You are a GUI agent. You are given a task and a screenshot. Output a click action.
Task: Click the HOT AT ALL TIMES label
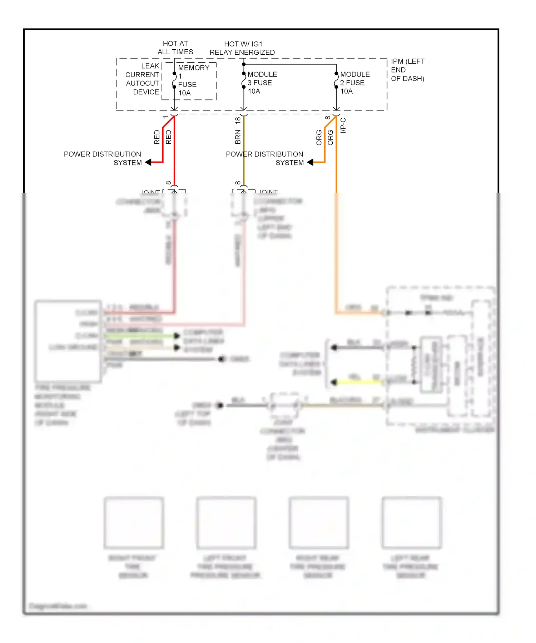click(175, 48)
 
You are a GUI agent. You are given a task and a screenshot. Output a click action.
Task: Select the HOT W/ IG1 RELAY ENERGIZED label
click(242, 48)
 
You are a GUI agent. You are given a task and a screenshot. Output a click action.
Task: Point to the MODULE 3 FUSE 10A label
click(262, 83)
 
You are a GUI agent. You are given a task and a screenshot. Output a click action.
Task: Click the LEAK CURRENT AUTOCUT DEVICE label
click(143, 79)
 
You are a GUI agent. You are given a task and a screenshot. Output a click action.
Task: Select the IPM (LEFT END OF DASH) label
click(407, 70)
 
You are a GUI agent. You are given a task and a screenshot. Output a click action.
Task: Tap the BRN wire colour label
click(238, 137)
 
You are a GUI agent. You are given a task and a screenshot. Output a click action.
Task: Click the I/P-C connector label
click(343, 125)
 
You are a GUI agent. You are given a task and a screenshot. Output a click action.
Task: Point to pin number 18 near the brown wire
click(238, 121)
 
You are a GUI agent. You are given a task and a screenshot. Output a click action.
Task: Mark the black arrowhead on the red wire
click(148, 163)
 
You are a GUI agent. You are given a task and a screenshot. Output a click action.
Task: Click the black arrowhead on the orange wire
click(310, 162)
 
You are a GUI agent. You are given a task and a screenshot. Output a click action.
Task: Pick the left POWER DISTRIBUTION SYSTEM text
click(103, 158)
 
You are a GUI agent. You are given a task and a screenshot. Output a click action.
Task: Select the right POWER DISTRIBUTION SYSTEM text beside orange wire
click(264, 158)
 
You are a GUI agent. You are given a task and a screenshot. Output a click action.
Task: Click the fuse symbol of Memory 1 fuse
click(174, 80)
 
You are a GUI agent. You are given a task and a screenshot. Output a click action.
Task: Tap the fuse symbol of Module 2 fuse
click(336, 80)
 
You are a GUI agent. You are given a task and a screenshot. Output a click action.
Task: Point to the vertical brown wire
click(244, 150)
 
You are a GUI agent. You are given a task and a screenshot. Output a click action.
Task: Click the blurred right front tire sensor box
click(134, 522)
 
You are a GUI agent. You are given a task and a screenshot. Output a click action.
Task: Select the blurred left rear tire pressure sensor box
click(411, 522)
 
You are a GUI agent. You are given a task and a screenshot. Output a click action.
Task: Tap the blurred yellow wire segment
click(359, 382)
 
